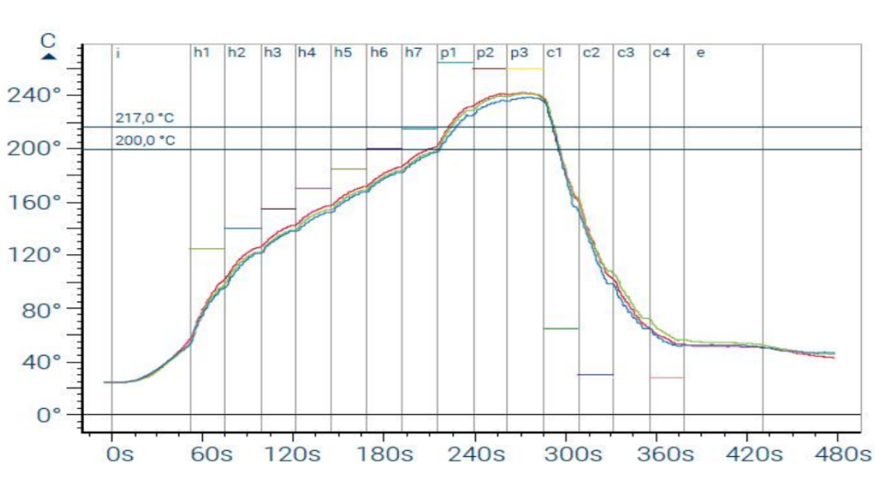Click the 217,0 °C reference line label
point(144,118)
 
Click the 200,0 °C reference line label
point(144,140)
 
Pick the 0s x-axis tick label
point(120,455)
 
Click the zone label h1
point(201,52)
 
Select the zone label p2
point(485,52)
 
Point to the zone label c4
point(661,52)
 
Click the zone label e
point(700,52)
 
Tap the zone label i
point(117,52)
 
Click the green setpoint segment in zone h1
point(207,249)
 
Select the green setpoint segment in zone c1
point(561,329)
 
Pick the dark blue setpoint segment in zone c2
point(596,374)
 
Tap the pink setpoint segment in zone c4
point(667,378)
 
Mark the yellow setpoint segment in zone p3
point(525,69)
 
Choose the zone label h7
point(413,52)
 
